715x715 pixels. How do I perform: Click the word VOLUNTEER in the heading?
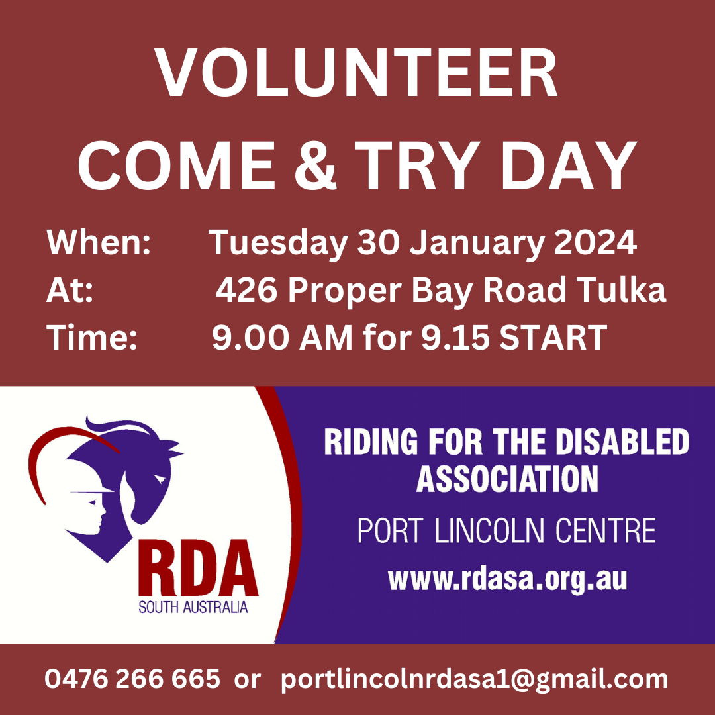(356, 73)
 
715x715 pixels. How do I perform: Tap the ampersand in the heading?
(315, 165)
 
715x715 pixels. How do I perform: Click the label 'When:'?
(99, 242)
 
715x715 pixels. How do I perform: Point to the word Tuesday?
(279, 244)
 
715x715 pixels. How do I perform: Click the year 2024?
(595, 242)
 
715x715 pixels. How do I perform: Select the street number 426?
(246, 290)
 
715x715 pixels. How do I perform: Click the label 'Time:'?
(91, 338)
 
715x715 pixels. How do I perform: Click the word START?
(553, 338)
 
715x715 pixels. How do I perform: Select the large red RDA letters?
(199, 569)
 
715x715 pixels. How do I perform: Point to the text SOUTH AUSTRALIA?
(193, 607)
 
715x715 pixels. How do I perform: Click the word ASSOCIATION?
(506, 479)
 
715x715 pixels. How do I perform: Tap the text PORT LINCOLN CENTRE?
(506, 530)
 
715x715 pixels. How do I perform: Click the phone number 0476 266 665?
(132, 679)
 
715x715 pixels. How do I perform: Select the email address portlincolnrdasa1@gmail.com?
(474, 679)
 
